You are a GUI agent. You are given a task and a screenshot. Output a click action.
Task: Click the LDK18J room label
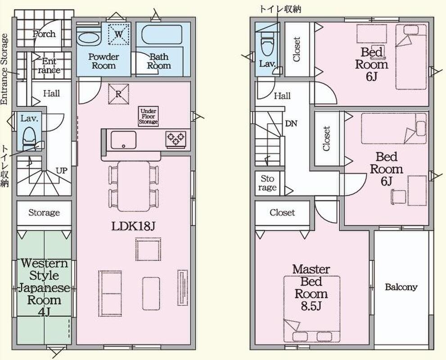(x=133, y=226)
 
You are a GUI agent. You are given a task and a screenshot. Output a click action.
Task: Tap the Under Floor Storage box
(x=148, y=116)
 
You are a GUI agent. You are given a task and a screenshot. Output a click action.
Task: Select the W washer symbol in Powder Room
(x=119, y=34)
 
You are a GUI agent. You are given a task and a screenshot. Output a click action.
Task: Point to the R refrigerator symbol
(x=119, y=94)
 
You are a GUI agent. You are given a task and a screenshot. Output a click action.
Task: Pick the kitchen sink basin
(x=123, y=139)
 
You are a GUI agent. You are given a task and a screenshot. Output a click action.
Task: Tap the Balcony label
(x=401, y=287)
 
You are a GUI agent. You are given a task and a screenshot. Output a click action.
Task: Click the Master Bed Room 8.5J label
(x=311, y=287)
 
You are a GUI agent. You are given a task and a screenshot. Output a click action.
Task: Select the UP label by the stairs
(x=62, y=171)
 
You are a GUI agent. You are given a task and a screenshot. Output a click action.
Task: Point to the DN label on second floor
(x=291, y=123)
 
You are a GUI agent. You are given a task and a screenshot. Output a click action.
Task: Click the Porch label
(x=44, y=34)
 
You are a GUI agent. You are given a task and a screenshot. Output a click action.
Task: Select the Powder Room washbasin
(x=89, y=38)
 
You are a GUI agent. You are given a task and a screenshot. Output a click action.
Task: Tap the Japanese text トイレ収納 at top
(x=280, y=9)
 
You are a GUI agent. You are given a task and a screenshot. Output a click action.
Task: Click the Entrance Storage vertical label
(x=4, y=69)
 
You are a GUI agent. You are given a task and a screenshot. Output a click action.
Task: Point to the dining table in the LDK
(x=134, y=186)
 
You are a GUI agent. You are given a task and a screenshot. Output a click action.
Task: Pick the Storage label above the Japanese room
(x=44, y=213)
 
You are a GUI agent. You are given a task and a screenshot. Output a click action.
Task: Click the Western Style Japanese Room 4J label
(x=44, y=287)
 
